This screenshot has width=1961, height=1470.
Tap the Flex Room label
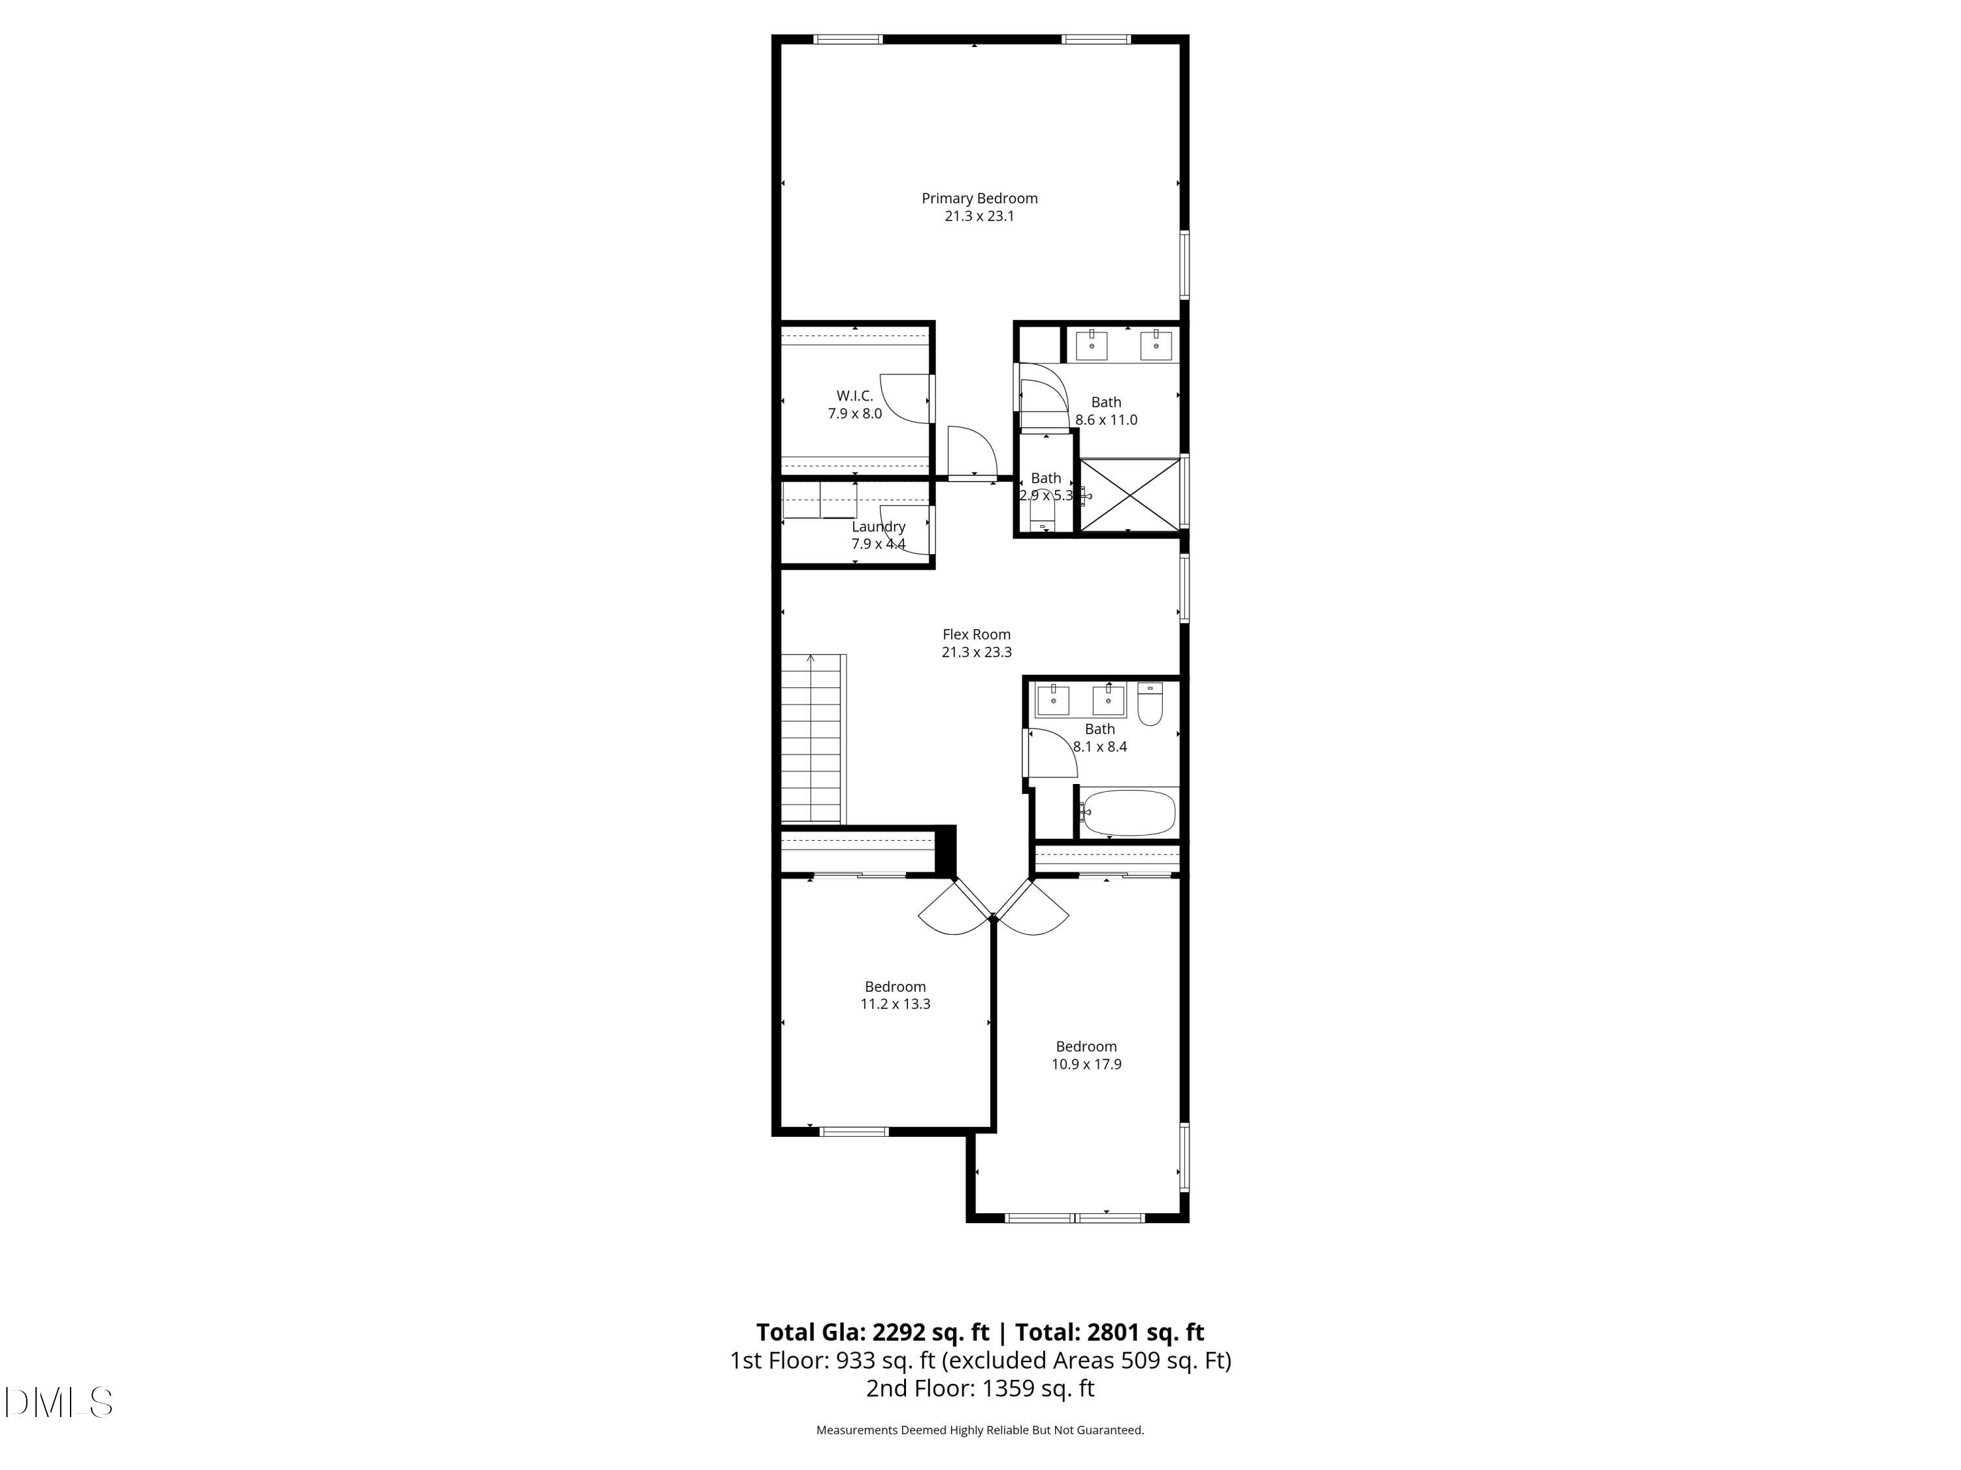[x=976, y=634]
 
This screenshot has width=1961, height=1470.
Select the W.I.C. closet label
[x=854, y=396]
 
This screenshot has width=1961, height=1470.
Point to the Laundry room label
[x=878, y=527]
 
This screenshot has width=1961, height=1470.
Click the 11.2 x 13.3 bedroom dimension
[x=896, y=1004]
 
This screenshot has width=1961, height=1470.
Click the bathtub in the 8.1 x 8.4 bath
[x=1128, y=813]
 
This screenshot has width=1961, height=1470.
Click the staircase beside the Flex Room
[x=811, y=740]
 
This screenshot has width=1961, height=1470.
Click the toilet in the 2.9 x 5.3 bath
[x=1042, y=515]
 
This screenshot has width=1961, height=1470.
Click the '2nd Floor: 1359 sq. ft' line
[x=980, y=1388]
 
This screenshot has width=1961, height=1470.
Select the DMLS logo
[x=59, y=1402]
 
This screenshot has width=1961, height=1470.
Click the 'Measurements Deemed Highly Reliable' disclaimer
[x=980, y=1430]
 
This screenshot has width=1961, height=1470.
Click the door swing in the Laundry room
[x=906, y=530]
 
